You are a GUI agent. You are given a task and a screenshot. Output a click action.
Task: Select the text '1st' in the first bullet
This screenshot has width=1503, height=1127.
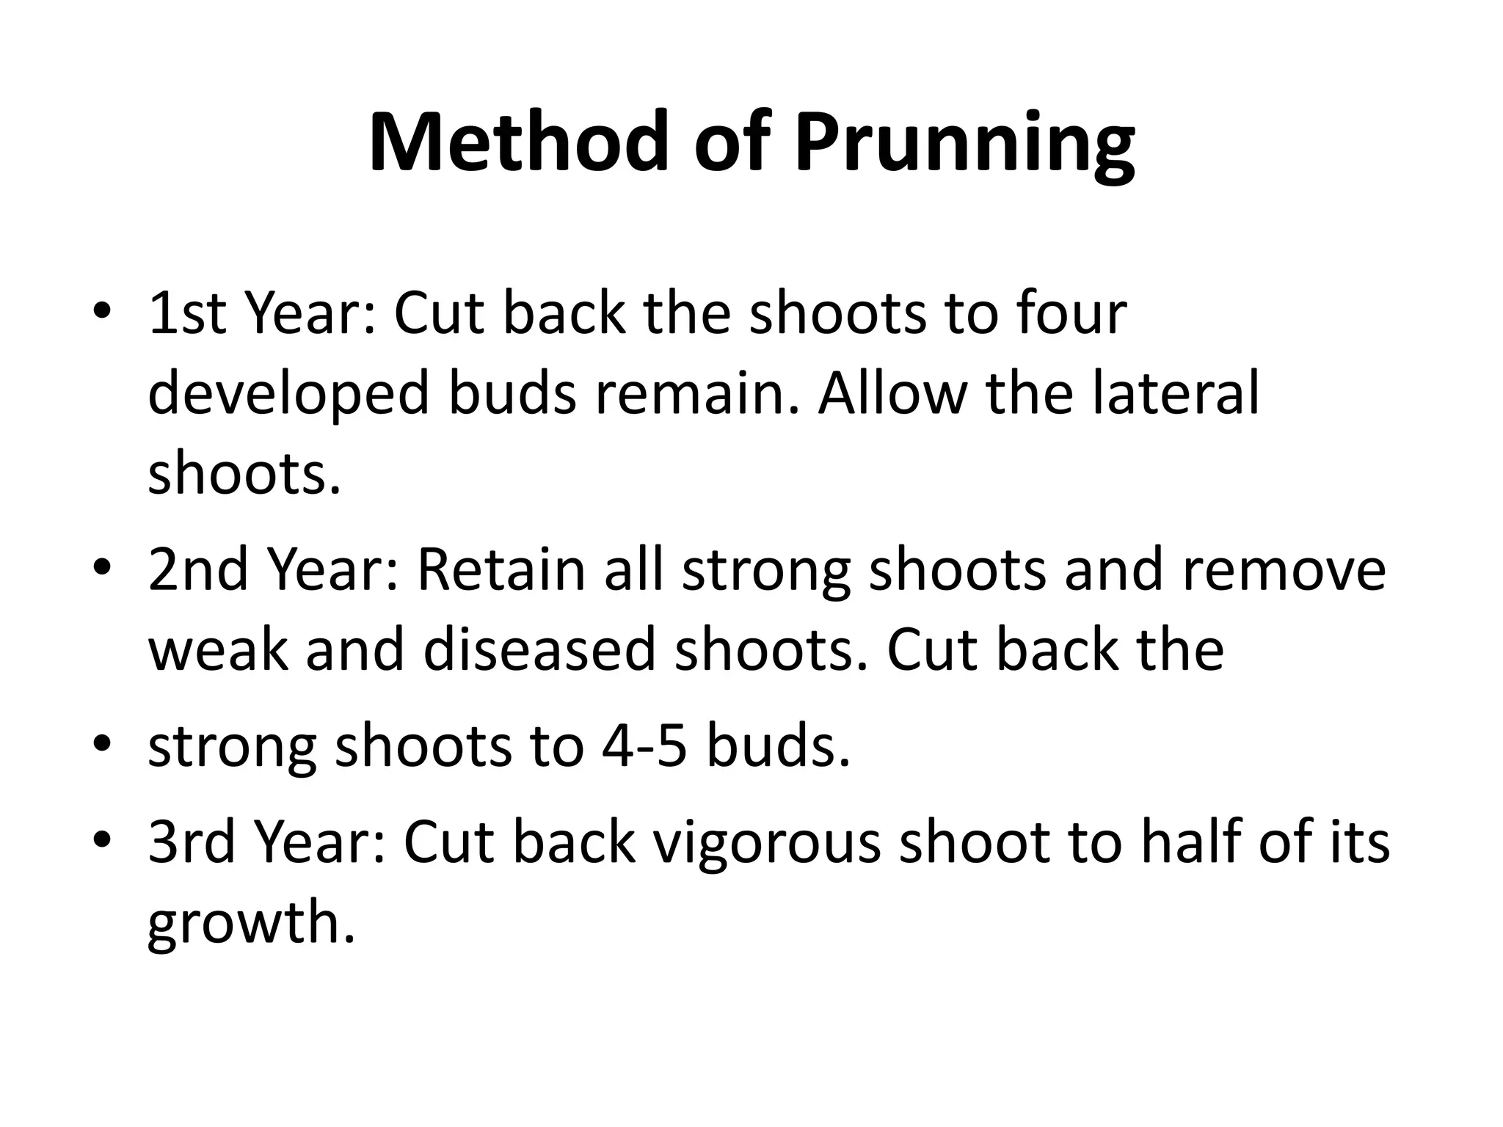[x=186, y=313]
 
